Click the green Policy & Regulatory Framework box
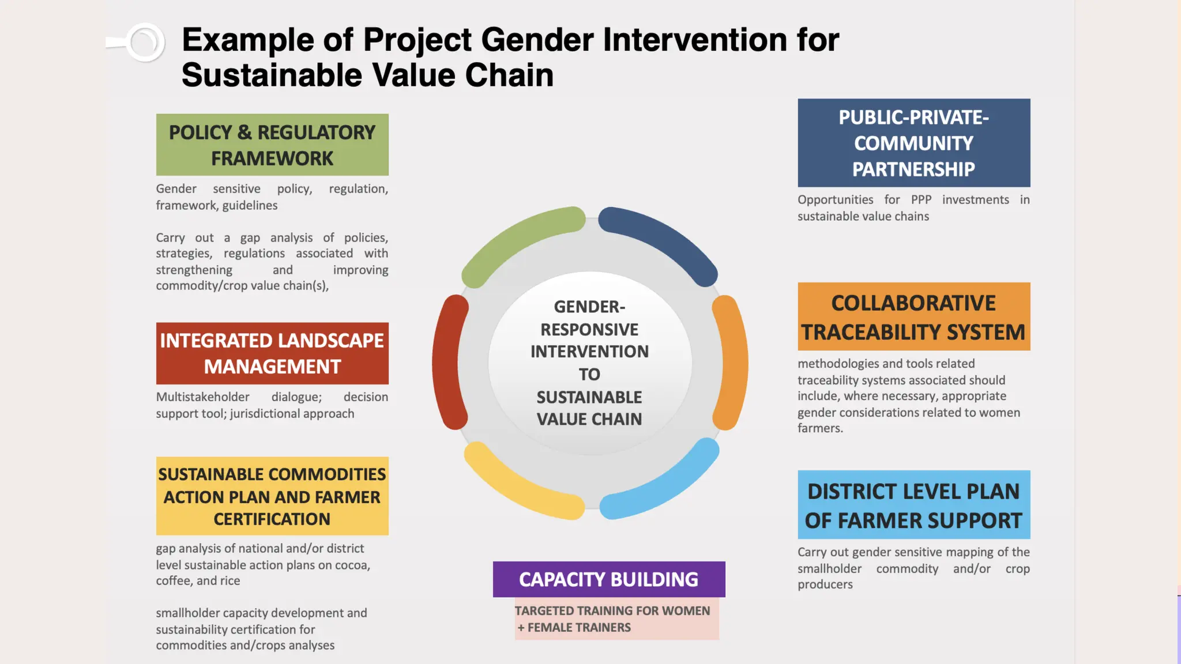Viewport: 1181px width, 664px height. [x=272, y=145]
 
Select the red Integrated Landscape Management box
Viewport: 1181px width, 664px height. [x=272, y=353]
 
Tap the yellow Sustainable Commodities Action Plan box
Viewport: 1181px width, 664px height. [x=272, y=496]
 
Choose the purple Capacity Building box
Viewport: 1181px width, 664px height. [x=609, y=579]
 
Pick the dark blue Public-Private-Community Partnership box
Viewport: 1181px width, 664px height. [x=914, y=143]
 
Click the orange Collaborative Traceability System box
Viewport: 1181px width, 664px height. [x=914, y=316]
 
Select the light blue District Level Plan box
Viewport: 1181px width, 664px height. [x=914, y=505]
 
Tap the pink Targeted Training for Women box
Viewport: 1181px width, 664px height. [x=616, y=619]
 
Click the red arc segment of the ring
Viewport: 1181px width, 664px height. [x=446, y=363]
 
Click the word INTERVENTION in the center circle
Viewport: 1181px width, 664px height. [x=589, y=352]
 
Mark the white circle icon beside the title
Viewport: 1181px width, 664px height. [x=144, y=43]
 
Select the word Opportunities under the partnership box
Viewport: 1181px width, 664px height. [x=835, y=200]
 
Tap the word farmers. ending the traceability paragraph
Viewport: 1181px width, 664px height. [x=820, y=428]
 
